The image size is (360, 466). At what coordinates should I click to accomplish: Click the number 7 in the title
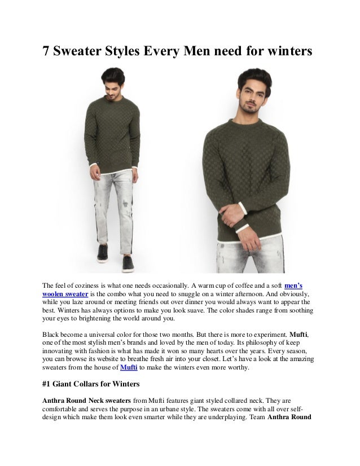tap(47, 52)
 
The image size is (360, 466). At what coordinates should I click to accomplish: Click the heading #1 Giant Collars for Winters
tap(91, 385)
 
